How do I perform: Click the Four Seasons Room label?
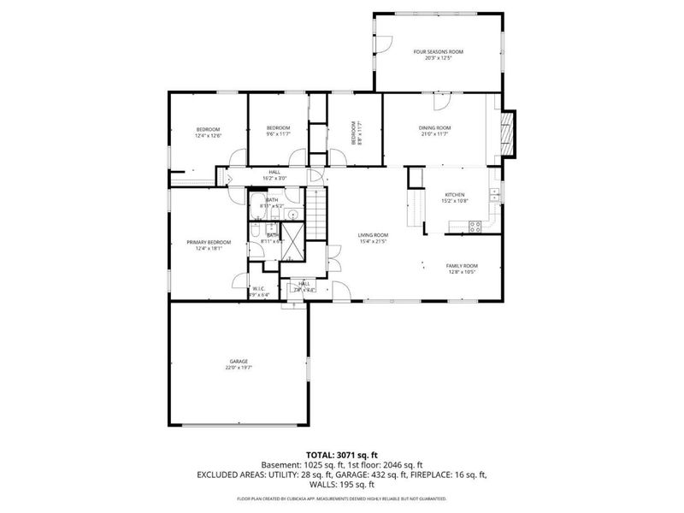[432, 52]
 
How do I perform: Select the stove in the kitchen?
[475, 226]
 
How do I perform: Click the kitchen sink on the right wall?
[494, 196]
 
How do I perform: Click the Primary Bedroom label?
[209, 242]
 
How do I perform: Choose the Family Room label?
[462, 266]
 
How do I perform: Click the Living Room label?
[373, 235]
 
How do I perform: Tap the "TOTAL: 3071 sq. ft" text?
[341, 455]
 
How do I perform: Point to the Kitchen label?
[454, 195]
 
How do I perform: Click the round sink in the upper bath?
[291, 215]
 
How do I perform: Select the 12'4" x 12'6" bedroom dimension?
[208, 136]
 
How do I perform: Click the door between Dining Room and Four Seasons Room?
[440, 102]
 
